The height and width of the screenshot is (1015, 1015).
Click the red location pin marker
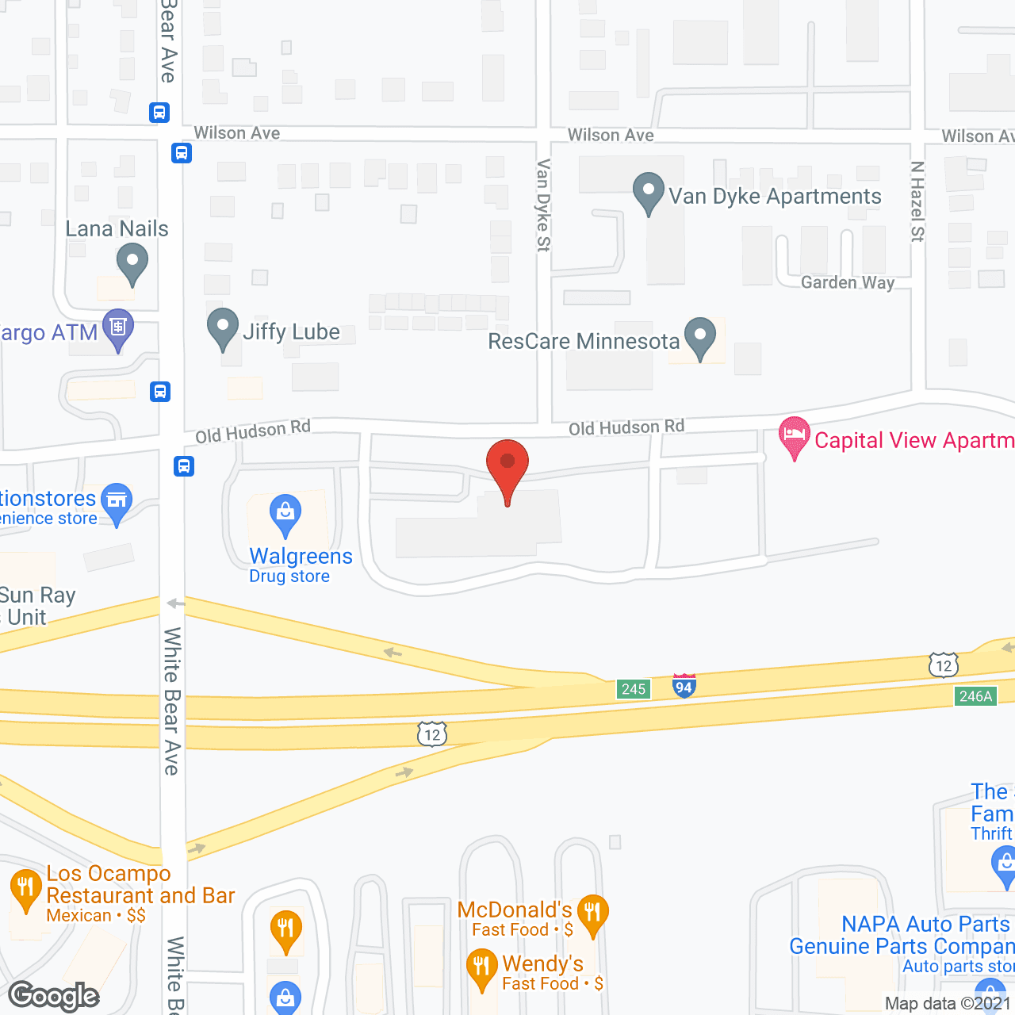(507, 464)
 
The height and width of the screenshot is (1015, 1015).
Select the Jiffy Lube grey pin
(223, 327)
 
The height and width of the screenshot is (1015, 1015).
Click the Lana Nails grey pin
(132, 262)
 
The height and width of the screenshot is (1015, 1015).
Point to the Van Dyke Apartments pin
(649, 191)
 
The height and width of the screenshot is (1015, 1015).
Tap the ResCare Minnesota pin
(699, 336)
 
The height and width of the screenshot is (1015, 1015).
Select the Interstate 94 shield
(684, 686)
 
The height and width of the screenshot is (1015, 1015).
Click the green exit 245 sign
(634, 689)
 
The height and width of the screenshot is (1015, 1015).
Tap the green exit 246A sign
(975, 696)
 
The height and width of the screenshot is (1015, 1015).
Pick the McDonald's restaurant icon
(592, 913)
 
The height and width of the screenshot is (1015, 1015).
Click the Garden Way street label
(847, 282)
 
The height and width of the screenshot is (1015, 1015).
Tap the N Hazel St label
(917, 201)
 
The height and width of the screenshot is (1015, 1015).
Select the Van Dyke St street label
(543, 205)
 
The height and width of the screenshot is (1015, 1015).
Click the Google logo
(54, 996)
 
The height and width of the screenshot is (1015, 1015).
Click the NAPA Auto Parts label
(925, 925)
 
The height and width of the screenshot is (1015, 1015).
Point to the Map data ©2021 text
(948, 1004)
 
